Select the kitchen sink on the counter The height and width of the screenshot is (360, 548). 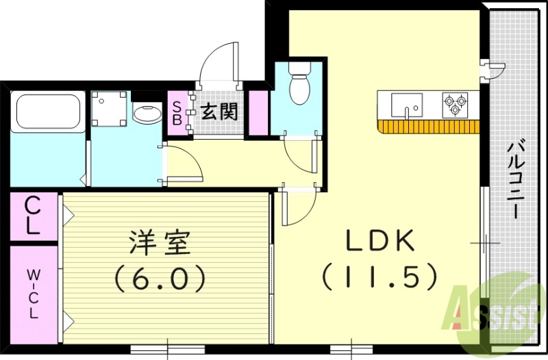coord(407,105)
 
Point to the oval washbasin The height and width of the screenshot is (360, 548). coord(145,114)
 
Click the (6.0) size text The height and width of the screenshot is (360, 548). coord(160,277)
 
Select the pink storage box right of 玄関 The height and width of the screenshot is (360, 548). coord(258,111)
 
